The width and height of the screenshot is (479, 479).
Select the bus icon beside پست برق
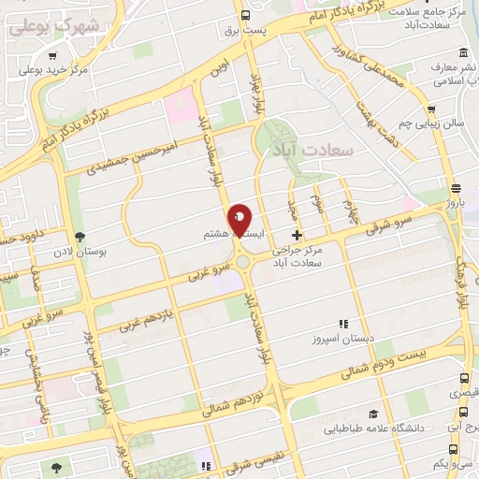click(x=245, y=15)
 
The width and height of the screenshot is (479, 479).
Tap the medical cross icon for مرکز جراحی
click(x=298, y=235)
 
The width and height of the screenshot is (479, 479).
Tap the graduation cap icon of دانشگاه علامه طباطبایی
click(x=373, y=414)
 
